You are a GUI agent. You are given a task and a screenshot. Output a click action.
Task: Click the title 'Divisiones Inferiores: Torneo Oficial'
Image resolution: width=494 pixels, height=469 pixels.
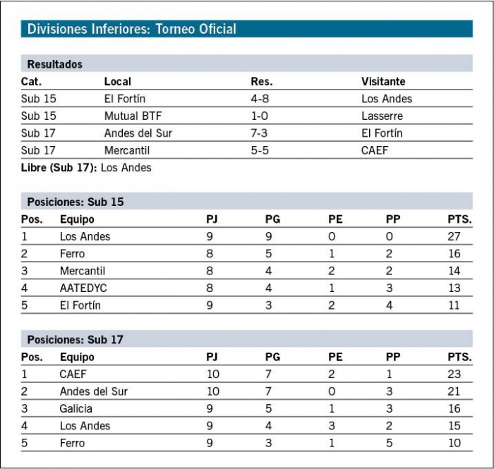[x=132, y=29]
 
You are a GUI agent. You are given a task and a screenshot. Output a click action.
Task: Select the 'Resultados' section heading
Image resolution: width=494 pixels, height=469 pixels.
[x=55, y=64]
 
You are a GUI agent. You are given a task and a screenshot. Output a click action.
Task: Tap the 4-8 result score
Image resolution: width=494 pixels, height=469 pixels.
[x=260, y=99]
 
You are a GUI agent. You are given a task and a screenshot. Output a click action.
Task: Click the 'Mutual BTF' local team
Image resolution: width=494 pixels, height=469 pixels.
[x=133, y=116]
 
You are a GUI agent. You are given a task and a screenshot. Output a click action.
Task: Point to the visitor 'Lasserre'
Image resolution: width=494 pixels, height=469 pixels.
[x=382, y=116]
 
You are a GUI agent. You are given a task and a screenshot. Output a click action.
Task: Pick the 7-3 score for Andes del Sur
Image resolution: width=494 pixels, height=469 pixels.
[x=259, y=133]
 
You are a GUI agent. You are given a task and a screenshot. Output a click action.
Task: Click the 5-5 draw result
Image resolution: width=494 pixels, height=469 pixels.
[x=260, y=150]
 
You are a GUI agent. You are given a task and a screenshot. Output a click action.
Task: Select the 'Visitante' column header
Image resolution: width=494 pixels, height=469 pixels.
[x=383, y=82]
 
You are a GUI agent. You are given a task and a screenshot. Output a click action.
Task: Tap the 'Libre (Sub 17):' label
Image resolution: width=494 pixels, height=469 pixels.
[x=59, y=167]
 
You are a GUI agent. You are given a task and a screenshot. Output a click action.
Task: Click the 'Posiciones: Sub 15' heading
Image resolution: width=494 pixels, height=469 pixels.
[x=76, y=202]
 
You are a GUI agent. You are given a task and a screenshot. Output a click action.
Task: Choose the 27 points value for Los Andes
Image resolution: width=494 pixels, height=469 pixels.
[x=454, y=236]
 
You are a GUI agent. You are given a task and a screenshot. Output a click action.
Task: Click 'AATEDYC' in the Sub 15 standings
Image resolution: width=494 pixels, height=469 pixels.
[x=83, y=288]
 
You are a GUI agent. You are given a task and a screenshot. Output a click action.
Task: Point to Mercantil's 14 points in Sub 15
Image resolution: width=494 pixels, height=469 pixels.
[x=454, y=271]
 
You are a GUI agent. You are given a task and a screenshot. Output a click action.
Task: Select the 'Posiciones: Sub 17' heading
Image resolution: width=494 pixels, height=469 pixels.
[x=76, y=340]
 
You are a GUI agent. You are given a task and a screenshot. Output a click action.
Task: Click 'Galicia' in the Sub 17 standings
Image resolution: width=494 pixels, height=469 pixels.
[x=76, y=408]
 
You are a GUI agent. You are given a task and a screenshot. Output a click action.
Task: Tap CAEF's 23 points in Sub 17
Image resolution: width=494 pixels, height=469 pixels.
[x=454, y=374]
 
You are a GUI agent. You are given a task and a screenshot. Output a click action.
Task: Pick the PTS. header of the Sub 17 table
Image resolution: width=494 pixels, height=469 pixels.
[x=459, y=357]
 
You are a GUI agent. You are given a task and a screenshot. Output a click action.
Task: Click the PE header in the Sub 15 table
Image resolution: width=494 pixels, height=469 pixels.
[x=335, y=219]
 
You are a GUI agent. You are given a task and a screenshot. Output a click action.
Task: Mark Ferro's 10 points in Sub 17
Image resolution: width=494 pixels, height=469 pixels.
[x=454, y=443]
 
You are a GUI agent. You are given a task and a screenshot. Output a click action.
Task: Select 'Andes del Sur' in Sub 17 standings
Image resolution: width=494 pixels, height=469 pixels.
[x=94, y=391]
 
